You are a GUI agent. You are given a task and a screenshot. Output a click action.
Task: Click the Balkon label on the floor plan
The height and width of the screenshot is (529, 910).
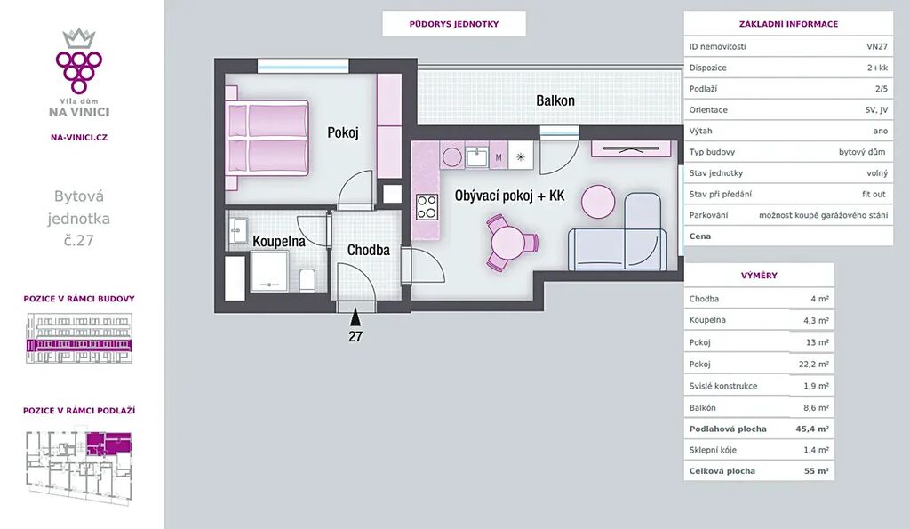click(555, 100)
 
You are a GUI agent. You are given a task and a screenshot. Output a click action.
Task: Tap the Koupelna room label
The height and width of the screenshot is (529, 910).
click(278, 241)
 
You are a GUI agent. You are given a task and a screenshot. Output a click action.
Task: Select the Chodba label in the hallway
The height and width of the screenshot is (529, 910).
click(369, 250)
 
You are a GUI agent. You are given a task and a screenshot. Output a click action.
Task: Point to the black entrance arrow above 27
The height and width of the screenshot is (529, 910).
click(355, 317)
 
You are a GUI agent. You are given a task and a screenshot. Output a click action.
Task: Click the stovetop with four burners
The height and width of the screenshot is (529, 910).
click(427, 207)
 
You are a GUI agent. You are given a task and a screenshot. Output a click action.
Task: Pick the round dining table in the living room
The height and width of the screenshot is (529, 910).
click(507, 243)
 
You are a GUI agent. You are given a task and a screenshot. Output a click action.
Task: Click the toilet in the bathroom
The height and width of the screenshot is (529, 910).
click(307, 280)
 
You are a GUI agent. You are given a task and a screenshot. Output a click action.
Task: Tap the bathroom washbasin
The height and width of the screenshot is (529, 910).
click(238, 230)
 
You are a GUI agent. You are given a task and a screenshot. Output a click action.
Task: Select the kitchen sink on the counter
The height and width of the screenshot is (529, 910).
click(477, 156)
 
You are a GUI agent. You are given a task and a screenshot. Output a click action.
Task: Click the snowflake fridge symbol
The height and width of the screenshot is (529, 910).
click(521, 156)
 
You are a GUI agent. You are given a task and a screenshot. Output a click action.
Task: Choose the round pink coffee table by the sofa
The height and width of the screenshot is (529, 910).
click(598, 202)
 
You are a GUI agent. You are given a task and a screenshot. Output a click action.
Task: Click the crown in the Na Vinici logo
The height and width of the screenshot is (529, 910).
click(79, 39)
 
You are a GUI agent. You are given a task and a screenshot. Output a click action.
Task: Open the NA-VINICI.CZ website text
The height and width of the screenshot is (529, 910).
click(79, 138)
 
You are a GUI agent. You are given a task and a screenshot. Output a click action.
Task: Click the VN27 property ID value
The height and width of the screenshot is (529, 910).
click(877, 46)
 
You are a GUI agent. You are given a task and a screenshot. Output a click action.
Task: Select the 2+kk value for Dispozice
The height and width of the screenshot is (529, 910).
click(877, 68)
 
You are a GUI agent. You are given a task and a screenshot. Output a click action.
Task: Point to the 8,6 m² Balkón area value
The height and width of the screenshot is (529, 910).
click(816, 407)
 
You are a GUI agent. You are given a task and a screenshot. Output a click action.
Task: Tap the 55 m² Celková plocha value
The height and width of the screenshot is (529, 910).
click(817, 471)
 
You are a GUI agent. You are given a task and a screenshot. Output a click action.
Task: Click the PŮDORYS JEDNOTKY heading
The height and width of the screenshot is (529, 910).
click(454, 24)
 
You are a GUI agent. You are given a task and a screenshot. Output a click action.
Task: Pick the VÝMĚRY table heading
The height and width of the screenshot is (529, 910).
click(759, 276)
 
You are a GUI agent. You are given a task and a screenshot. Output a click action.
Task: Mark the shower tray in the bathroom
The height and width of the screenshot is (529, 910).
click(269, 271)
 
